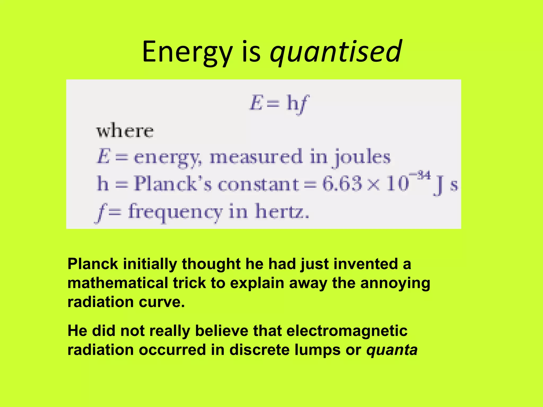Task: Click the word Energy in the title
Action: point(187,52)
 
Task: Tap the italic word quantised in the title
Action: point(336,52)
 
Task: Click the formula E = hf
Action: point(279,104)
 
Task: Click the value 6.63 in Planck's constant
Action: point(342,183)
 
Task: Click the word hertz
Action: point(282,212)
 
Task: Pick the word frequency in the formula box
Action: point(175,212)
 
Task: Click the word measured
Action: point(256,157)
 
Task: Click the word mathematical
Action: point(118,283)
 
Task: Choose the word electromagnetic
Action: point(347,331)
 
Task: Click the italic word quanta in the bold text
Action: point(392,350)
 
